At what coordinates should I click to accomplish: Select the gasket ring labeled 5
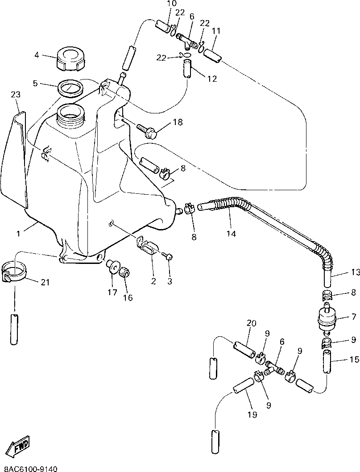[70, 87]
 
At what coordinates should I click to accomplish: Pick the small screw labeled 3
[168, 256]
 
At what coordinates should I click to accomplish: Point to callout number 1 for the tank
[18, 233]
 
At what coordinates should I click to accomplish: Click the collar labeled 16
[125, 272]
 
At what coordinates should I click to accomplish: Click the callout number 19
[252, 414]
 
